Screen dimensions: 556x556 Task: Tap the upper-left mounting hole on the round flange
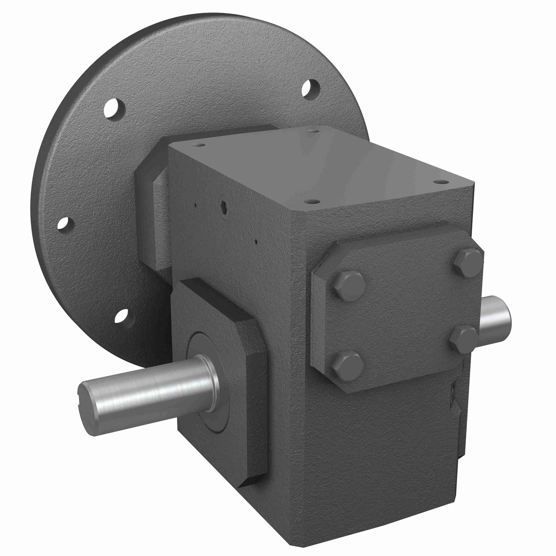[114, 108]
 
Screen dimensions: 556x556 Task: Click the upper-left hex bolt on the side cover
[350, 286]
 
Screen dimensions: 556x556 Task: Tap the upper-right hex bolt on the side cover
[468, 263]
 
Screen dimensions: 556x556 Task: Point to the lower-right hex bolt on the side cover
[464, 339]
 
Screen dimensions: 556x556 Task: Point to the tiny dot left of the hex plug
[195, 205]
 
